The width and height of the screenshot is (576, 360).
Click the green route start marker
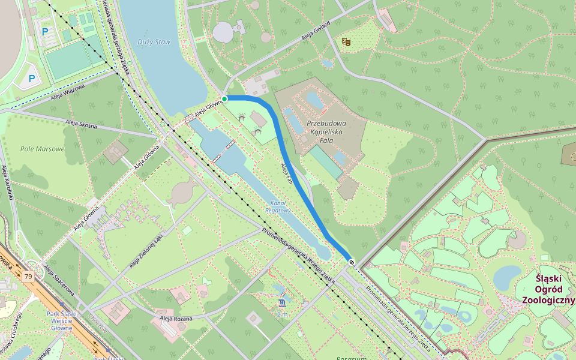tap(224, 98)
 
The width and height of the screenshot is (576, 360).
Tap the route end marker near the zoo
tap(351, 262)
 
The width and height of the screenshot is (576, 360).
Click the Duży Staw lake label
tap(154, 42)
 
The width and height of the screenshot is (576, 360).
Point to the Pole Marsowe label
tap(42, 149)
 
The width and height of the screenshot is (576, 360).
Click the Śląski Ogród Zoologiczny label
tap(548, 289)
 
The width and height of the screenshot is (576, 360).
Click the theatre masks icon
tap(345, 41)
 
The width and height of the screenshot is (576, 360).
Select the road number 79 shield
tap(28, 277)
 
